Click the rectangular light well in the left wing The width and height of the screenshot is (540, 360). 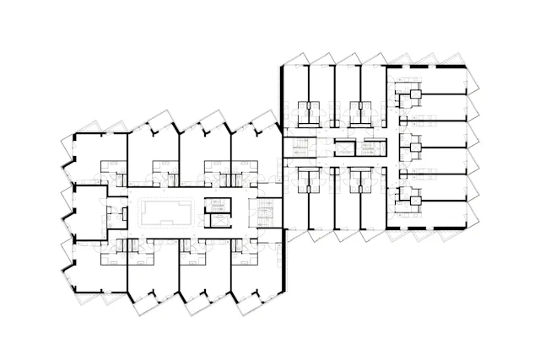(165, 214)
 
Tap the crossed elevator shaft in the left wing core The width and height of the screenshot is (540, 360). (218, 221)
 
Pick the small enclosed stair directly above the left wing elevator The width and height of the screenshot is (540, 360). (218, 206)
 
